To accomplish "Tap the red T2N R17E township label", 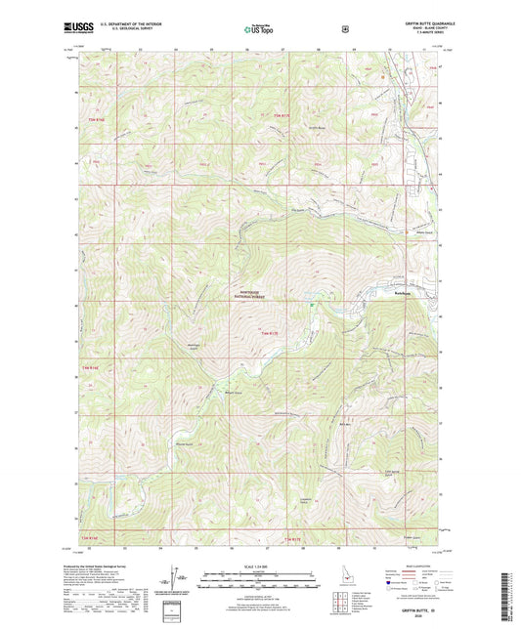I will click(x=293, y=539).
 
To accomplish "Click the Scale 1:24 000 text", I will click(x=258, y=567).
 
